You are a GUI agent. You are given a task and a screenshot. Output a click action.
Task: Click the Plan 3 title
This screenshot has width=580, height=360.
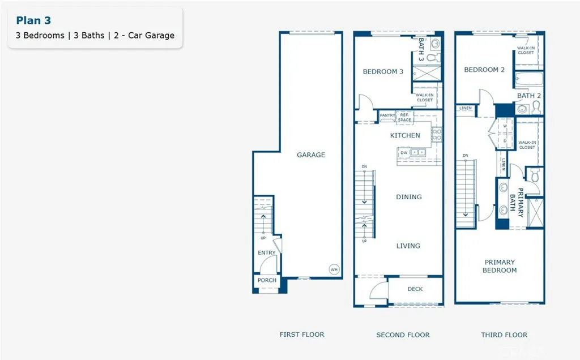pyautogui.click(x=33, y=20)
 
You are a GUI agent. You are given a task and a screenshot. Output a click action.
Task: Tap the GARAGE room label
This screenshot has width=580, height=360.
pyautogui.click(x=311, y=155)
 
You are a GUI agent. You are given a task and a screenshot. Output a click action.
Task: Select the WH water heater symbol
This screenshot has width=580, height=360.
pyautogui.click(x=334, y=269)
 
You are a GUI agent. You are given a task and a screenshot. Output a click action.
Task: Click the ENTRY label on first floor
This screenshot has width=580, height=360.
pyautogui.click(x=267, y=252)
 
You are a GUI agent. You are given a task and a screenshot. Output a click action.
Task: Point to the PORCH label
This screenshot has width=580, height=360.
pyautogui.click(x=267, y=280)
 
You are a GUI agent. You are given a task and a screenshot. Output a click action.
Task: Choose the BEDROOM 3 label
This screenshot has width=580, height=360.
pyautogui.click(x=383, y=71)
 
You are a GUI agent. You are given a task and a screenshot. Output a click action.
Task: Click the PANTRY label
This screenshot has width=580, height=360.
pyautogui.click(x=387, y=115)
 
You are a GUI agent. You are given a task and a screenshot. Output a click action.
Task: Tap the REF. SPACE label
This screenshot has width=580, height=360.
pyautogui.click(x=404, y=117)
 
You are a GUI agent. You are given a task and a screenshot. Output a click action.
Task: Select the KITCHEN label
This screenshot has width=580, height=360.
pyautogui.click(x=405, y=135)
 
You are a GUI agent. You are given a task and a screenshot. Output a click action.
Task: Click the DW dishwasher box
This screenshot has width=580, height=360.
pyautogui.click(x=404, y=152)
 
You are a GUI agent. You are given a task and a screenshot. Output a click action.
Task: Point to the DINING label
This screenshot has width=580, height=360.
pyautogui.click(x=408, y=197)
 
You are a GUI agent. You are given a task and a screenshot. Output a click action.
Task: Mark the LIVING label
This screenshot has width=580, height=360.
pyautogui.click(x=408, y=246)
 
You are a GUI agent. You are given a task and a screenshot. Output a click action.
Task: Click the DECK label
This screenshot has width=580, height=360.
pyautogui.click(x=415, y=289)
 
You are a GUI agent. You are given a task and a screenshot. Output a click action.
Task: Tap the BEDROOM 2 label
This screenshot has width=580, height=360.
pyautogui.click(x=484, y=70)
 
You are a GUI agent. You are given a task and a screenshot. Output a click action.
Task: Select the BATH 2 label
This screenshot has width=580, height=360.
pyautogui.click(x=528, y=96)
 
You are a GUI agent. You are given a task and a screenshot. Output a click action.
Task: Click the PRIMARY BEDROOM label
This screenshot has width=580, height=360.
pyautogui.click(x=500, y=266)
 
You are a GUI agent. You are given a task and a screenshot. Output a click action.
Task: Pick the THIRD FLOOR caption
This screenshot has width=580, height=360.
pyautogui.click(x=504, y=335)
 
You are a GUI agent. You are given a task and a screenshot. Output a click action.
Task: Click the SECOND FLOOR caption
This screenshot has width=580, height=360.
pyautogui.click(x=403, y=335)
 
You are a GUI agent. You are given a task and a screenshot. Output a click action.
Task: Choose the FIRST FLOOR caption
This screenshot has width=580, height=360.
pyautogui.click(x=302, y=335)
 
